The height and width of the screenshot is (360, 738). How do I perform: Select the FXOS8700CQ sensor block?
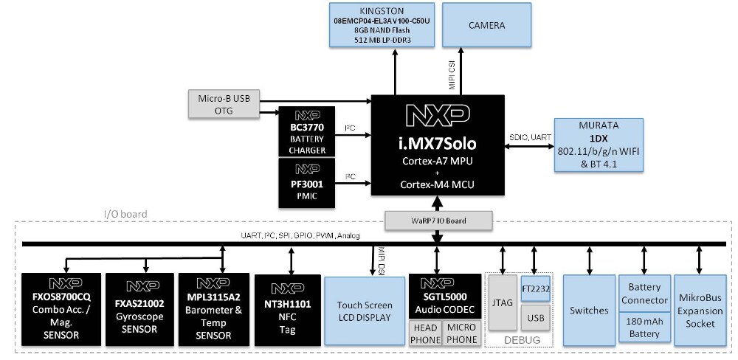click(x=61, y=309)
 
